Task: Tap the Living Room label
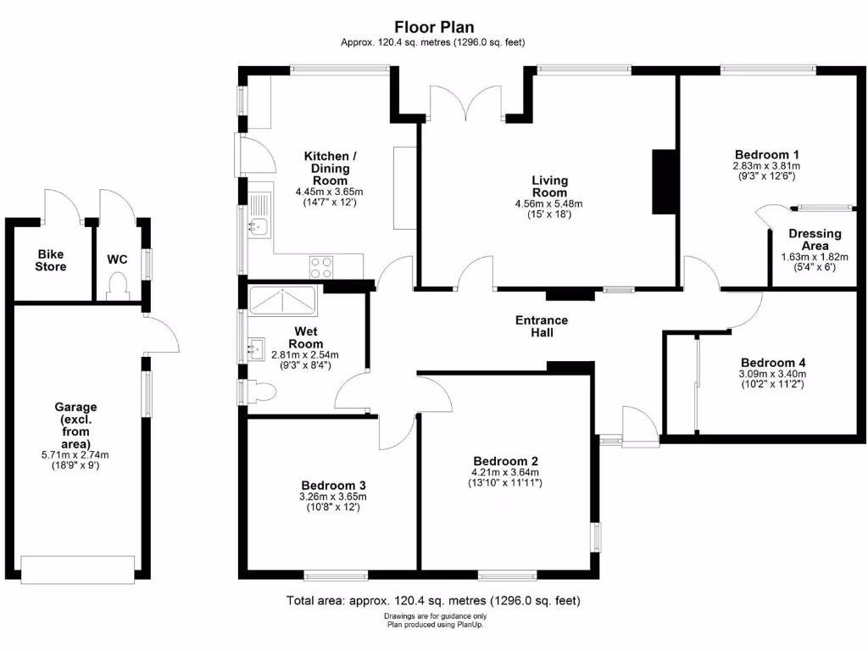click(549, 186)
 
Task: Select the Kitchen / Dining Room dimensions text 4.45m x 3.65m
click(326, 192)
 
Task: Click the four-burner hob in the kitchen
click(321, 267)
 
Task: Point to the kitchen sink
click(259, 226)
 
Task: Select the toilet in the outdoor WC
click(117, 287)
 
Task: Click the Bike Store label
click(50, 260)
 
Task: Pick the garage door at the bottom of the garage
click(78, 569)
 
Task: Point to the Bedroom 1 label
click(767, 154)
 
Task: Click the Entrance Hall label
click(542, 326)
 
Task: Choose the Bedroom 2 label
click(506, 461)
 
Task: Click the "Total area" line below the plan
click(434, 601)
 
